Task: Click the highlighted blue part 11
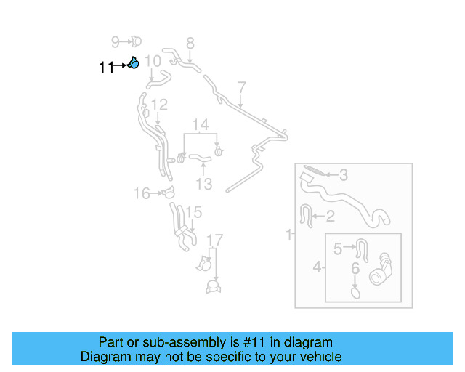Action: click(134, 64)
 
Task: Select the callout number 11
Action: click(106, 68)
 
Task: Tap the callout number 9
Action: click(115, 41)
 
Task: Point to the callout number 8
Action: click(190, 43)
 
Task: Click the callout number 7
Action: click(242, 88)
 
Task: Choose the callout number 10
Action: click(153, 61)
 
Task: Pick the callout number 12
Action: click(159, 105)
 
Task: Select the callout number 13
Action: click(203, 183)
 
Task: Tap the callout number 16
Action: click(141, 193)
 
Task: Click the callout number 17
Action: click(215, 240)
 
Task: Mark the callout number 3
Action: click(344, 174)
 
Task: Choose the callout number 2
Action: click(330, 216)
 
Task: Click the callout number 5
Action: click(338, 249)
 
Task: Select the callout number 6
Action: click(355, 269)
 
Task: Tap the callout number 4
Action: click(317, 268)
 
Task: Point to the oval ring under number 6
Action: click(355, 292)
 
